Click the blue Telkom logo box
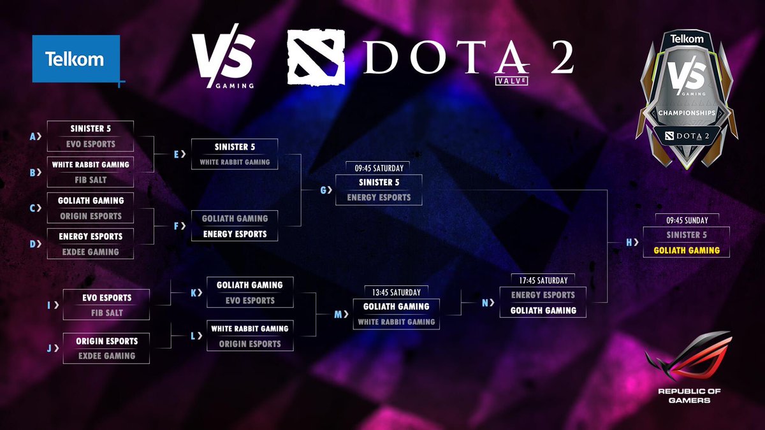(x=76, y=59)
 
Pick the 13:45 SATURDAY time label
(x=396, y=292)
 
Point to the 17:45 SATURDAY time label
(x=543, y=280)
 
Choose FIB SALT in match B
(x=91, y=180)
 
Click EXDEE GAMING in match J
(x=107, y=355)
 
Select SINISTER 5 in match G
(x=379, y=182)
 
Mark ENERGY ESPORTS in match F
(x=235, y=234)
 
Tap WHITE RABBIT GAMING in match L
(x=250, y=329)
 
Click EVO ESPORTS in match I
(x=107, y=297)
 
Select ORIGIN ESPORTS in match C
(x=91, y=216)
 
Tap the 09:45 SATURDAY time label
(x=379, y=168)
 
